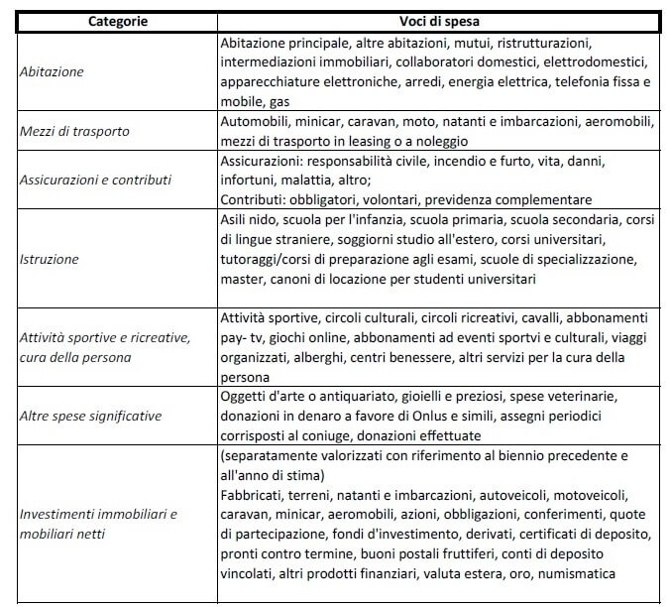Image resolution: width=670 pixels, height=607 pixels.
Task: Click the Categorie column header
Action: (x=113, y=21)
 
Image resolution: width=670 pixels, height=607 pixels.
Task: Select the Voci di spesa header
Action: (x=438, y=21)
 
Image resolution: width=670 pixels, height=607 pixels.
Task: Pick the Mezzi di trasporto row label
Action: (x=74, y=132)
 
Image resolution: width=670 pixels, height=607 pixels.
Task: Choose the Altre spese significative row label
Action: (x=91, y=416)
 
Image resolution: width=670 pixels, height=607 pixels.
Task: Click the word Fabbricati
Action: (x=256, y=495)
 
